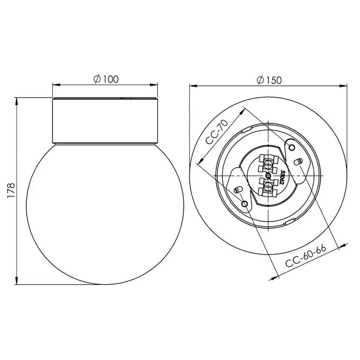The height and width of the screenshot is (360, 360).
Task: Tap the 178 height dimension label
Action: point(11,190)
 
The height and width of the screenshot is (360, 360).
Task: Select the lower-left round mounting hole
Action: point(245,203)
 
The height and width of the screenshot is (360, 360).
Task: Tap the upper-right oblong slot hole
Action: point(298,161)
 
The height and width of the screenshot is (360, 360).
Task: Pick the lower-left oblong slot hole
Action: point(238,190)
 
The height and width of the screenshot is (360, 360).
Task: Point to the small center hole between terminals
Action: point(268,176)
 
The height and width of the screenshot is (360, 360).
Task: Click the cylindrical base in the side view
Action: point(104,121)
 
